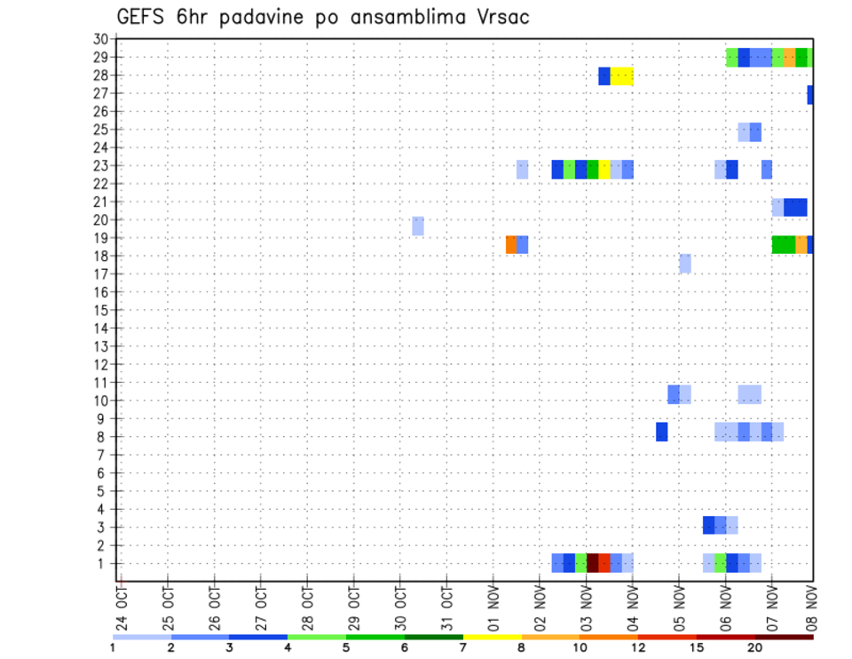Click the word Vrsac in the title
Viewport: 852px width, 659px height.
pyautogui.click(x=498, y=16)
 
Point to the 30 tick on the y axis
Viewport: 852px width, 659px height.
pyautogui.click(x=100, y=39)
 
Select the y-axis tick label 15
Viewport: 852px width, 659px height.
pyautogui.click(x=100, y=310)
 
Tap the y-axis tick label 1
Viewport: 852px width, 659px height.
pyautogui.click(x=104, y=563)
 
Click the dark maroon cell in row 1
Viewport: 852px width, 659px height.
pyautogui.click(x=592, y=563)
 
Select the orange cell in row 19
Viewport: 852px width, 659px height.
pyautogui.click(x=511, y=244)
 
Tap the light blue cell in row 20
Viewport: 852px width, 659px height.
pyautogui.click(x=417, y=226)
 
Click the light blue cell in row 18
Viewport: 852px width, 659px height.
pyautogui.click(x=685, y=263)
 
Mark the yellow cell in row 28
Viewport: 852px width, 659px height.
pyautogui.click(x=621, y=76)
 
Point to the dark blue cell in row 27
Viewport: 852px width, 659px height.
pyautogui.click(x=810, y=94)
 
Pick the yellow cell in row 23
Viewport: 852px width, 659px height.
pyautogui.click(x=604, y=169)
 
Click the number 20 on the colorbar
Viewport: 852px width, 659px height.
pyautogui.click(x=754, y=647)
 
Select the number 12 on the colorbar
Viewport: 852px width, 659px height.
pyautogui.click(x=638, y=647)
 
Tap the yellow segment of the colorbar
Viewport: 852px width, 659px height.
pyautogui.click(x=492, y=636)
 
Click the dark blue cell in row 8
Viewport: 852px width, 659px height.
pyautogui.click(x=661, y=432)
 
